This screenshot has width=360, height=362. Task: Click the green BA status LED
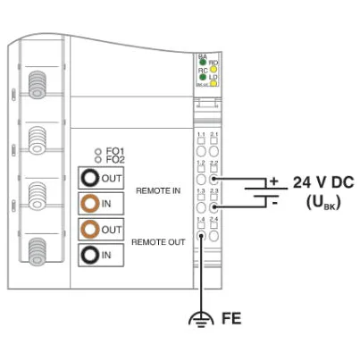click(203, 63)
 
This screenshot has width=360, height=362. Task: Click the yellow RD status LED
click(213, 66)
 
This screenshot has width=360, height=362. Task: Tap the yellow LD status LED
click(213, 80)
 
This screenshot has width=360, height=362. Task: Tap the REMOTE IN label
click(157, 190)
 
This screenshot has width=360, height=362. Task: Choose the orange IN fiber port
click(92, 204)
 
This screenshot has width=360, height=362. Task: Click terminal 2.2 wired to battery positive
click(214, 181)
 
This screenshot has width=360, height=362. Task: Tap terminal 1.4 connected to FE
click(202, 236)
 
